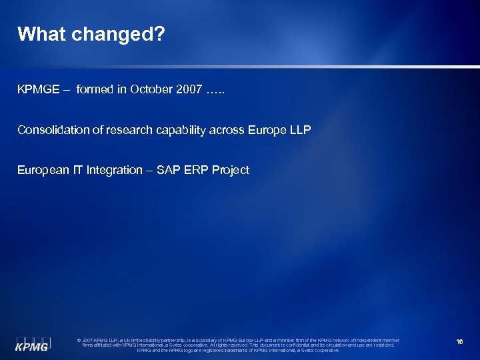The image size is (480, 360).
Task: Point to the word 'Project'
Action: click(231, 170)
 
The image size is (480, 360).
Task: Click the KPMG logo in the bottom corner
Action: click(32, 341)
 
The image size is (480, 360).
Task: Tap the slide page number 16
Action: click(459, 342)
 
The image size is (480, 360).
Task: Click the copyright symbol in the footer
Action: click(80, 340)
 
